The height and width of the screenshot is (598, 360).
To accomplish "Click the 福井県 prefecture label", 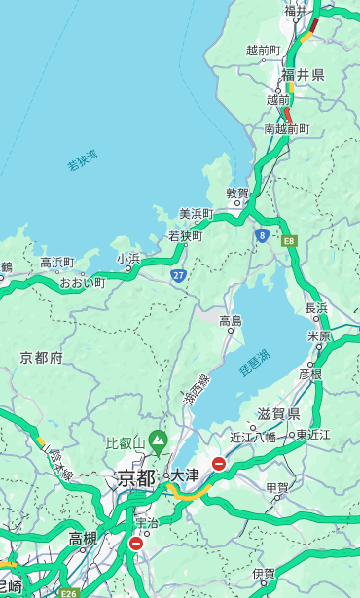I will (303, 75).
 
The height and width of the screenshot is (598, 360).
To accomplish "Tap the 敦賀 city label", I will (237, 193).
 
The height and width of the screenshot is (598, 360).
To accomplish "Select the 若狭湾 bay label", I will (83, 160).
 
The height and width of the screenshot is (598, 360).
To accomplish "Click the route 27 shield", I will (178, 275).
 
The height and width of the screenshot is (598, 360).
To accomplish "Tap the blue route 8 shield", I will (262, 235).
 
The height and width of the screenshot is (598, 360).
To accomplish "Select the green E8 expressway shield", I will (289, 240).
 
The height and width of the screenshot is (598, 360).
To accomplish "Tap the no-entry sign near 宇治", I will (135, 544).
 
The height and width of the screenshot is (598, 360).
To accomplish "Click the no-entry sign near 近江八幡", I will (219, 464).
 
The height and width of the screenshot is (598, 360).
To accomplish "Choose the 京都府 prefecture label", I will (42, 358).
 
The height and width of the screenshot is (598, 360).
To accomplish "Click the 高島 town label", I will (231, 321).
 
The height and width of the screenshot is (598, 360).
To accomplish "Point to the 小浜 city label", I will (128, 259).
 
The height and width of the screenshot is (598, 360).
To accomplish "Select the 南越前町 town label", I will (286, 129).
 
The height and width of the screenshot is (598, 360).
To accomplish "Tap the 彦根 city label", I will (310, 373).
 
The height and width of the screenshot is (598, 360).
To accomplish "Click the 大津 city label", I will (185, 475).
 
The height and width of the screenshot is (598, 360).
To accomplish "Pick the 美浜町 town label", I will (196, 214).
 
